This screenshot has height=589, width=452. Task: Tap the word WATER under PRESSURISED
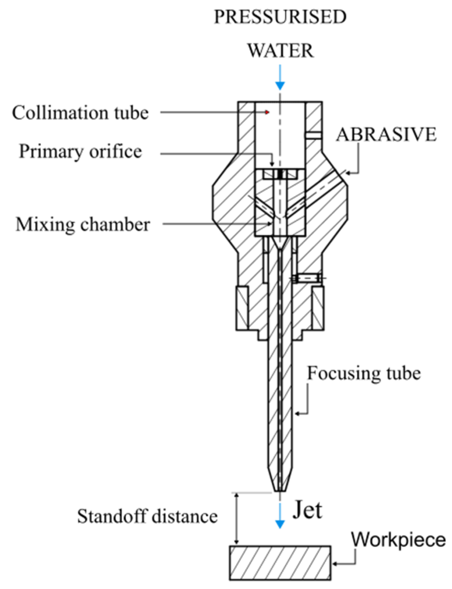tap(280, 51)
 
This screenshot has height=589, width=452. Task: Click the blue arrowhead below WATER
tap(280, 86)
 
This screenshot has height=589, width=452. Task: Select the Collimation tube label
tap(80, 113)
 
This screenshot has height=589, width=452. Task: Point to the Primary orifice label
tap(80, 152)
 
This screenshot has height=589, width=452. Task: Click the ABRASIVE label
tap(386, 134)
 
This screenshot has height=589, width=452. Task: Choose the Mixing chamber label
tap(83, 225)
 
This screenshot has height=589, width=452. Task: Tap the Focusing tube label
tap(364, 373)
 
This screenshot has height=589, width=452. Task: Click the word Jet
tap(307, 510)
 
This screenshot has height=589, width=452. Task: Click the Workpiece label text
tap(398, 539)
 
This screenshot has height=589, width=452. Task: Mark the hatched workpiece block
tap(280, 563)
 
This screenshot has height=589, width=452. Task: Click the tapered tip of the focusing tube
tap(280, 483)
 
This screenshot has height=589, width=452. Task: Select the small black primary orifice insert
tap(280, 174)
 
